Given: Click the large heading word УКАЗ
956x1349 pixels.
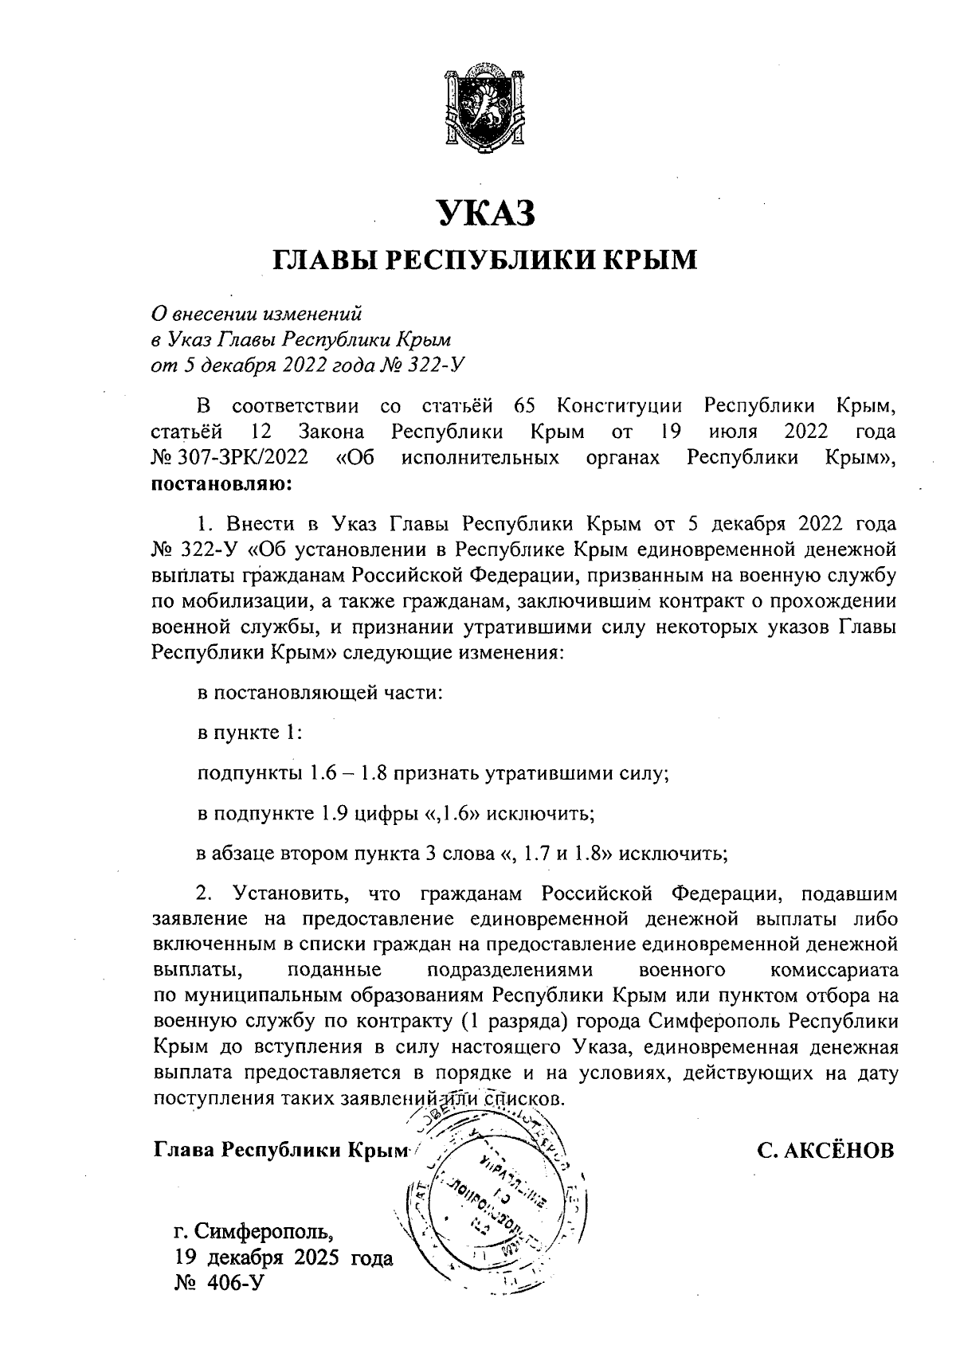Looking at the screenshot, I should [x=484, y=213].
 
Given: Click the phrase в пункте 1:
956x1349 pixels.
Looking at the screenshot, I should [x=249, y=732].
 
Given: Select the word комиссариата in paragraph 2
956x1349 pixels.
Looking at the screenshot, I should [x=834, y=971].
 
